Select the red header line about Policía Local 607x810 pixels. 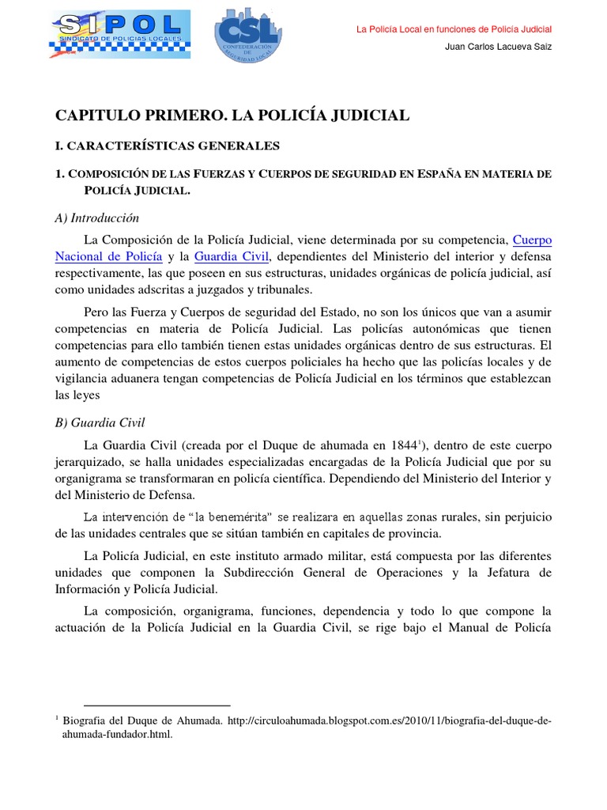[x=454, y=29]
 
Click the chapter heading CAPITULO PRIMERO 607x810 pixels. [x=232, y=115]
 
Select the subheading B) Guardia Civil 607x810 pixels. [x=100, y=423]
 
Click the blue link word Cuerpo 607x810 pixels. [x=533, y=239]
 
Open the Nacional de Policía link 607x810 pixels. [x=109, y=256]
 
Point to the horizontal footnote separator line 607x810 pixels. [x=156, y=705]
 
